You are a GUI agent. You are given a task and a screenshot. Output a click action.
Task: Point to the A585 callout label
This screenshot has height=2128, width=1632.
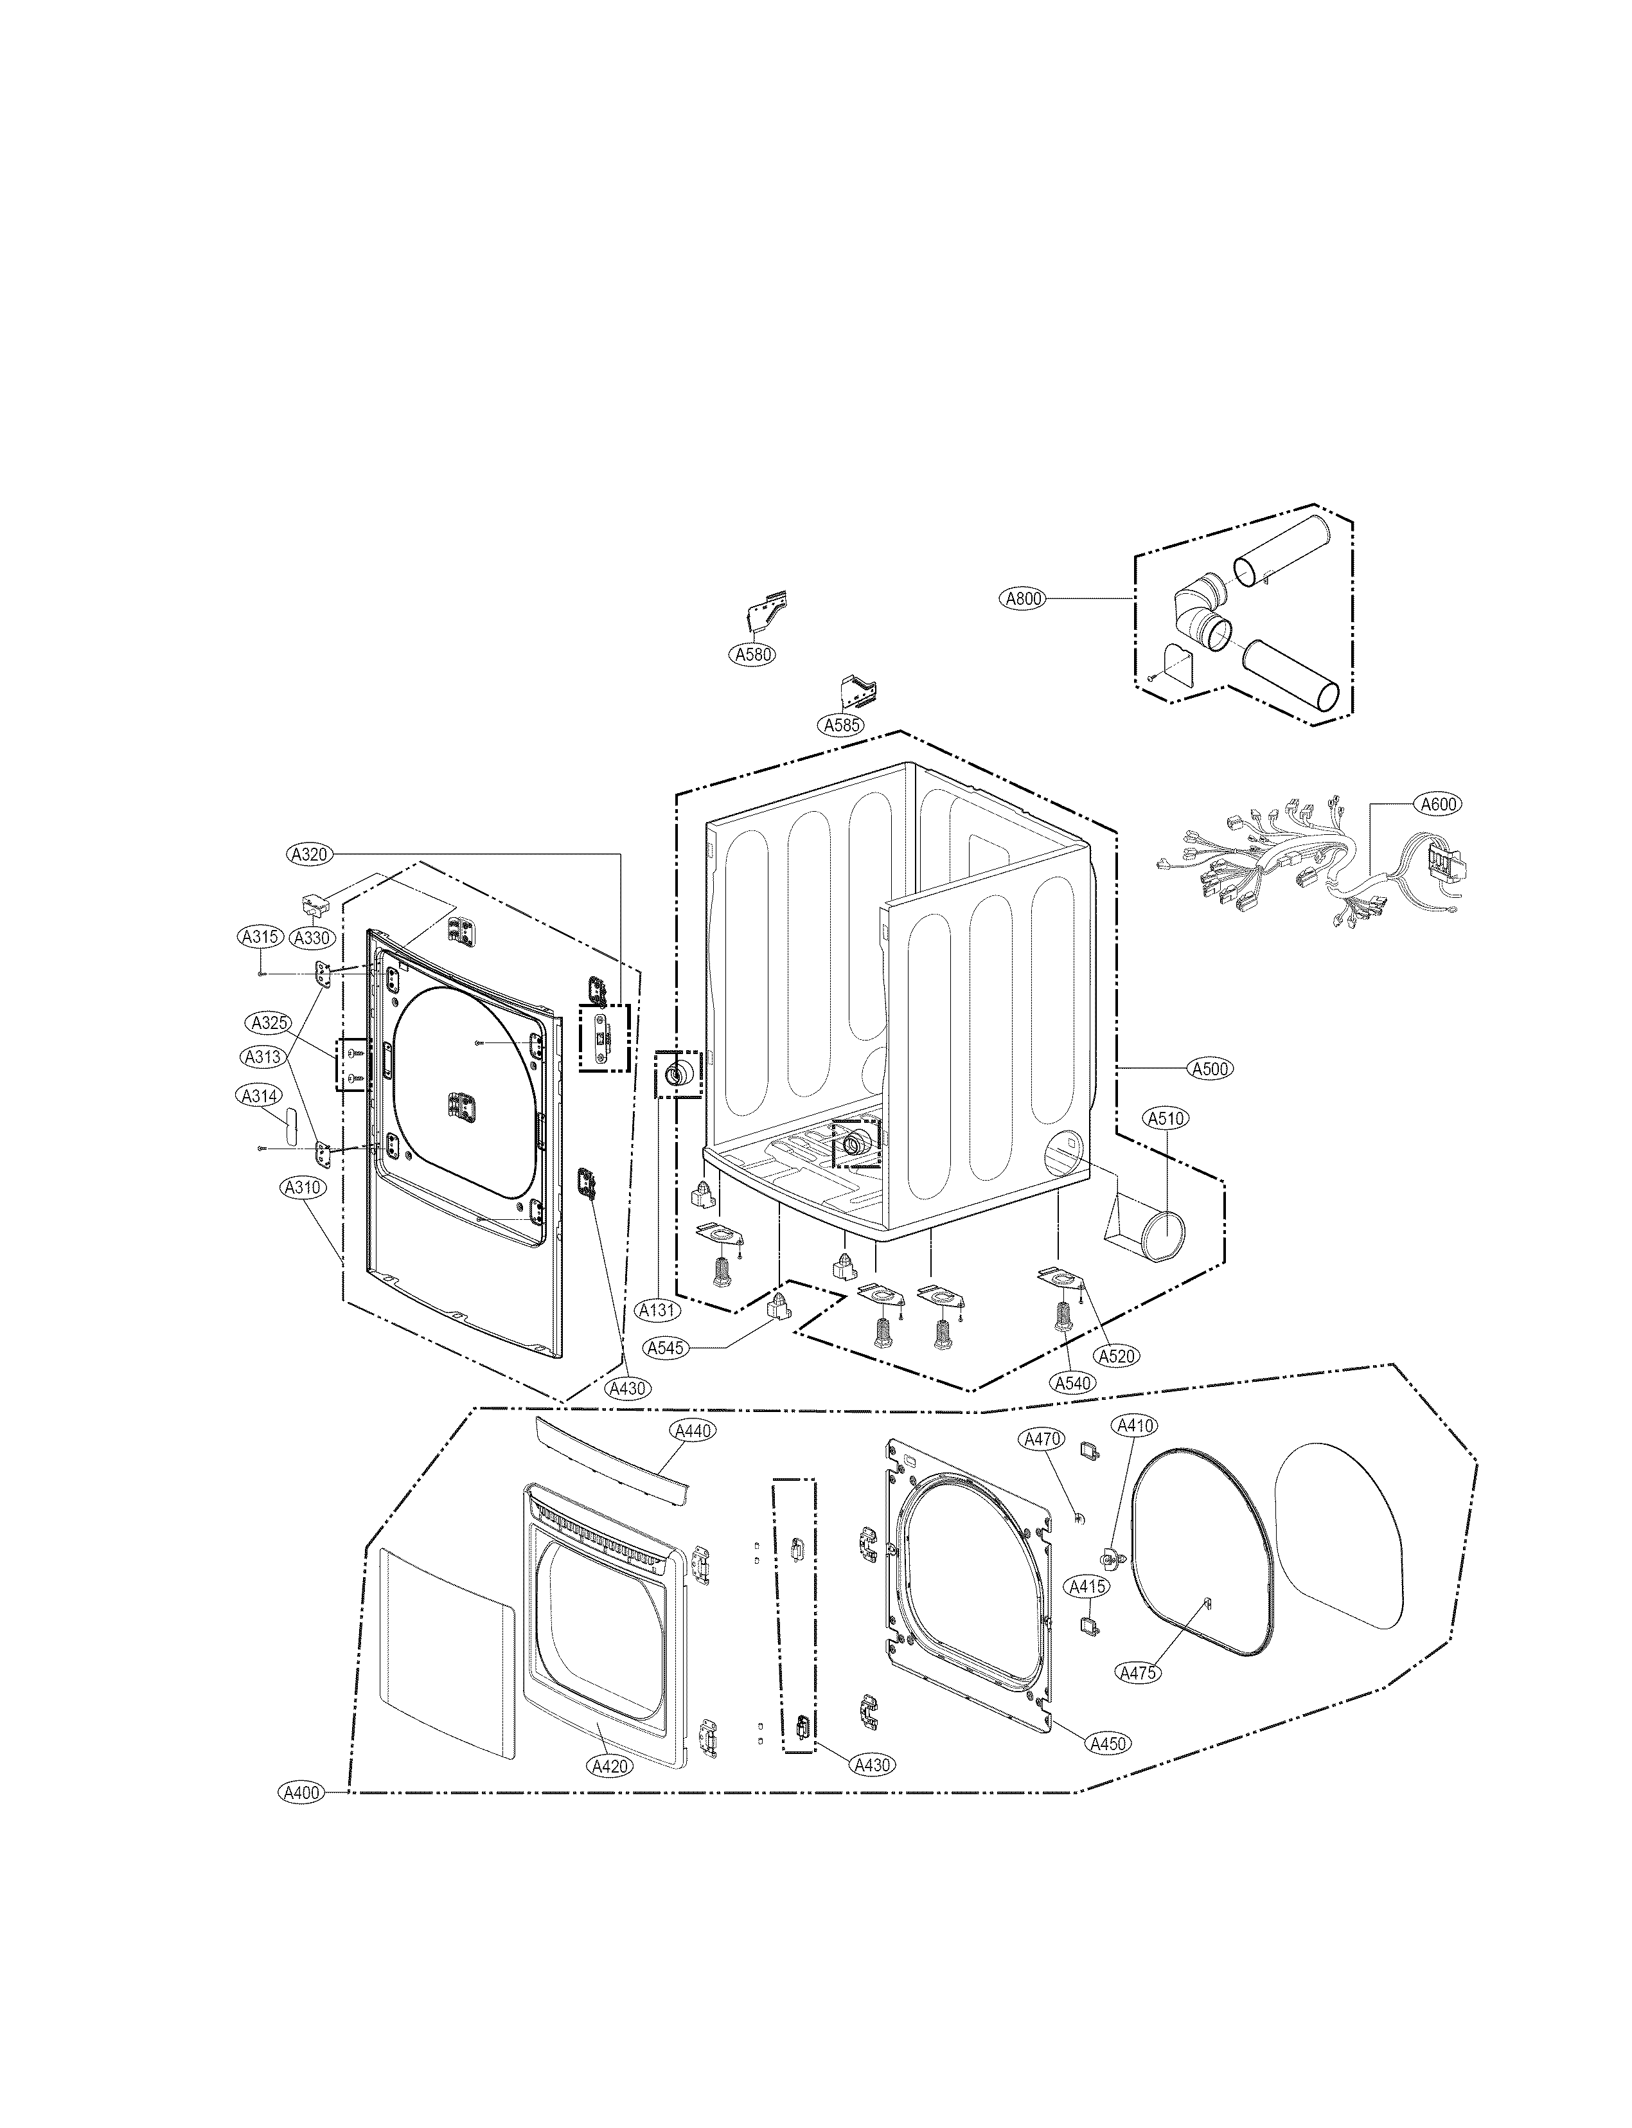(841, 725)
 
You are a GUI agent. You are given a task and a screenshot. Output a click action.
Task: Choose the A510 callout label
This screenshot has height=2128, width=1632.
(1166, 1118)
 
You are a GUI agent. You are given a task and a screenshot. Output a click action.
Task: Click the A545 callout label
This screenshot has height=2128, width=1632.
(666, 1348)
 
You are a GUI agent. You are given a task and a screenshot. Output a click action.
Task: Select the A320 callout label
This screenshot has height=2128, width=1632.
(310, 854)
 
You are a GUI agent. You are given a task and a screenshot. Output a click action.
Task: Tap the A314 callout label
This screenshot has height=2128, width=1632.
(260, 1096)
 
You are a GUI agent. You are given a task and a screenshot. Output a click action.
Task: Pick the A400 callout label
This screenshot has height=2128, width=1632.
(300, 1793)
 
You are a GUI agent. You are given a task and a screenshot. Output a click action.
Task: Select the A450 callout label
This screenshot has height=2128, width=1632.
(1108, 1743)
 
